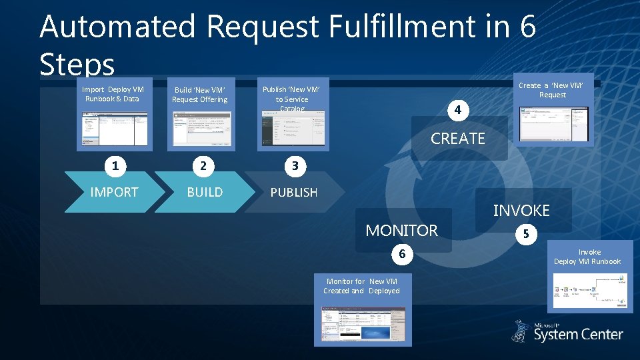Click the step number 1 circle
(115, 165)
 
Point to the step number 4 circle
(457, 109)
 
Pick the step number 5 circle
(526, 235)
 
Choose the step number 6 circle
(402, 254)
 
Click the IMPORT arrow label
(114, 192)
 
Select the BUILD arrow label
(205, 192)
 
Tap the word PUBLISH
(293, 192)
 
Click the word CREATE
(458, 139)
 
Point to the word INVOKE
(521, 211)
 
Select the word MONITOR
(401, 231)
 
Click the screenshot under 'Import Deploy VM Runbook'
(115, 129)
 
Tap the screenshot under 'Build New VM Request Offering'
(200, 129)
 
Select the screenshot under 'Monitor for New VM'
(363, 323)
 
